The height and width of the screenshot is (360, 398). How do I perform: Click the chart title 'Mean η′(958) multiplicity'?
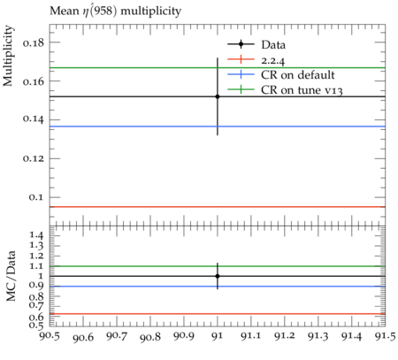pyautogui.click(x=115, y=11)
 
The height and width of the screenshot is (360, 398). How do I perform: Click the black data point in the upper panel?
pyautogui.click(x=218, y=96)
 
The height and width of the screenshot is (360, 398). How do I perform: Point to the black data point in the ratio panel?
pyautogui.click(x=218, y=276)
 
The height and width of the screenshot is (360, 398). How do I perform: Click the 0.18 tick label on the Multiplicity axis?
pyautogui.click(x=34, y=43)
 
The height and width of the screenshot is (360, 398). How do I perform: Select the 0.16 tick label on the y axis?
pyautogui.click(x=34, y=81)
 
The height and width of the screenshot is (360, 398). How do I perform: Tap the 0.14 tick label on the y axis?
pyautogui.click(x=34, y=119)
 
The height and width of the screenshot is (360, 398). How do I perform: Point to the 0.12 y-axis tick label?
pyautogui.click(x=34, y=158)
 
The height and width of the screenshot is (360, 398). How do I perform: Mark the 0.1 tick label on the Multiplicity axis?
pyautogui.click(x=36, y=197)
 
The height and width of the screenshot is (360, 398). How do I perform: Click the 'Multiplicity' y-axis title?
pyautogui.click(x=8, y=56)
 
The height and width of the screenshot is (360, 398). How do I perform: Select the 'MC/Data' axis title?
pyautogui.click(x=11, y=276)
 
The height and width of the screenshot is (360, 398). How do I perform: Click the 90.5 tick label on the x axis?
pyautogui.click(x=50, y=336)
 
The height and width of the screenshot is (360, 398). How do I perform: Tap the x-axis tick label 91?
pyautogui.click(x=218, y=336)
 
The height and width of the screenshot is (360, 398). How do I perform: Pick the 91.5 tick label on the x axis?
pyautogui.click(x=385, y=336)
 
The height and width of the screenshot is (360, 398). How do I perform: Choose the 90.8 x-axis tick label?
pyautogui.click(x=150, y=336)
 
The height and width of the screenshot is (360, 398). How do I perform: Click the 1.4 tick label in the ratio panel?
pyautogui.click(x=37, y=236)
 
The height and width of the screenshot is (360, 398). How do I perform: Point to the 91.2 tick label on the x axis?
pyautogui.click(x=285, y=336)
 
